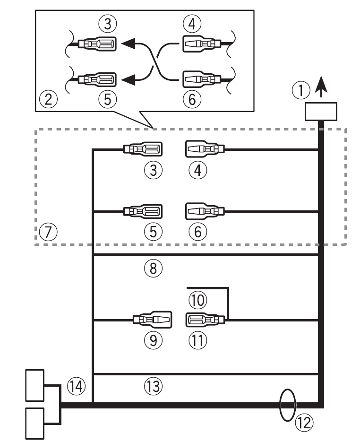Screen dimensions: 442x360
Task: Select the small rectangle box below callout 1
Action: click(321, 112)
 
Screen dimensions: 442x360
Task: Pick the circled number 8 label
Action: click(153, 268)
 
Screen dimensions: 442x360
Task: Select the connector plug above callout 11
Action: click(203, 321)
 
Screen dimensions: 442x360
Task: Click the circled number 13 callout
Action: click(153, 387)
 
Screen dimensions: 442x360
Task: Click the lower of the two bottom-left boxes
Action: click(34, 422)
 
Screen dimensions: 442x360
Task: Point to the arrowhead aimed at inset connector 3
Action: click(127, 44)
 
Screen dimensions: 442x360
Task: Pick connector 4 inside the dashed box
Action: click(203, 150)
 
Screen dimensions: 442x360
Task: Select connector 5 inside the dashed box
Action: click(143, 211)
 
